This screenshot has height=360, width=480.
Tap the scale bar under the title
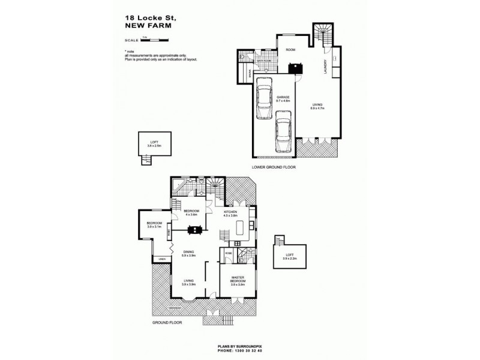pos(154,40)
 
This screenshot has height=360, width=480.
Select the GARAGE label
pos(283,97)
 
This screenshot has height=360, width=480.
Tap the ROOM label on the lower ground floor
pos(290,50)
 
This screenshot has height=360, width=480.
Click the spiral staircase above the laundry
pos(323,35)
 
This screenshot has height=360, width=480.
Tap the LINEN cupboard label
pos(161,259)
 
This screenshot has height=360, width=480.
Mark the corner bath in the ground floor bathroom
pos(178,186)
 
